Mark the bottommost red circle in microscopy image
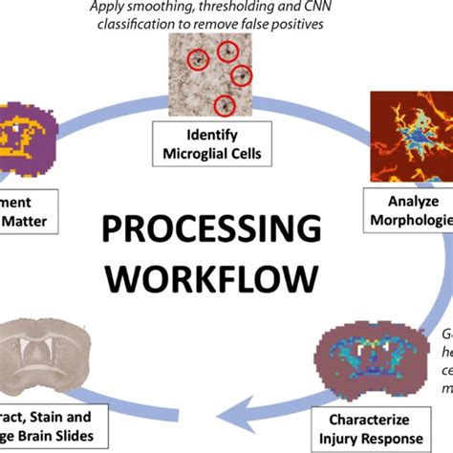coord(225,105)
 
